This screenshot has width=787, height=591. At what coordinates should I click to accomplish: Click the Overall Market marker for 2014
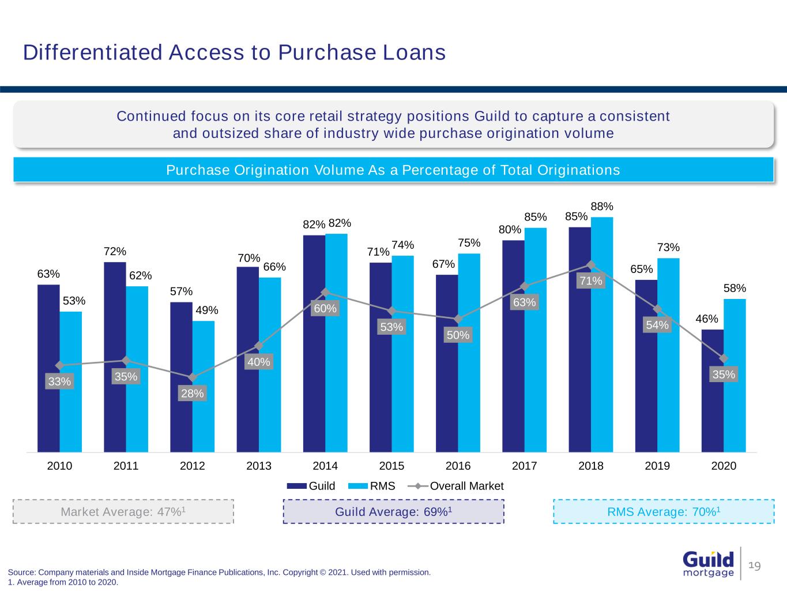click(325, 292)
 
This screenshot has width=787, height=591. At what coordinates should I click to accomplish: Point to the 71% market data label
click(591, 281)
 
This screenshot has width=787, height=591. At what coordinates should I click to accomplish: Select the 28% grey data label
click(192, 394)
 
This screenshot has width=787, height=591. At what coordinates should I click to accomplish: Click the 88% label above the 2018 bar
click(602, 207)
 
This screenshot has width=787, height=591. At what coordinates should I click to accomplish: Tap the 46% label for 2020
click(706, 319)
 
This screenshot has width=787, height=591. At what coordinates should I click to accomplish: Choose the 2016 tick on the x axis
click(458, 466)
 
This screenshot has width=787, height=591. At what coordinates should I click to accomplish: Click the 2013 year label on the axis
click(259, 466)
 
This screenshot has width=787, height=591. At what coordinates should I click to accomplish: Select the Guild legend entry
click(311, 486)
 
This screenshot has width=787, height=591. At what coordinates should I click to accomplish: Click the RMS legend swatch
click(357, 486)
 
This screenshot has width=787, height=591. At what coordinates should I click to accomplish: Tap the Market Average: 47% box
click(123, 511)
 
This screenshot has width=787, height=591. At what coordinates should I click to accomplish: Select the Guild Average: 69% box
click(393, 511)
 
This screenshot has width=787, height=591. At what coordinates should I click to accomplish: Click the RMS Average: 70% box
click(664, 511)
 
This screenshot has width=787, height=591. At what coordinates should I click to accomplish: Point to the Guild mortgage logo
click(708, 564)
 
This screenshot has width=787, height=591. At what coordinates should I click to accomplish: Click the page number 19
click(755, 566)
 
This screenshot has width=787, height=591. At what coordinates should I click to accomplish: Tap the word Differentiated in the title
click(93, 53)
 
